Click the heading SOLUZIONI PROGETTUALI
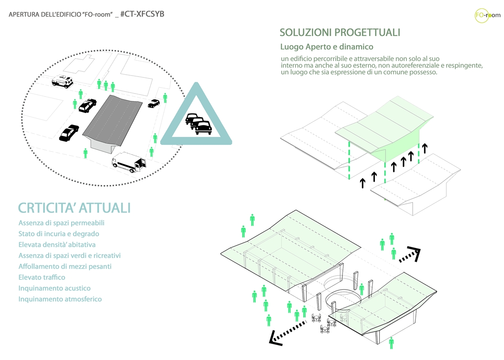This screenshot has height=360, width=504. pos(340,32)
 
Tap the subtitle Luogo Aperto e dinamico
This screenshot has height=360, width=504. pos(327,47)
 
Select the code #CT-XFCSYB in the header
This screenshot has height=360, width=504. pos(142,14)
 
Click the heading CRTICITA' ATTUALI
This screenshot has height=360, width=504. pos(74,208)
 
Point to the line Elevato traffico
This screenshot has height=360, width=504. pos(42,277)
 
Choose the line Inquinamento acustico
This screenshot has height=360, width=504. pos(54,288)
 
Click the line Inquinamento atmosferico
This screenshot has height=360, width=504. pos(60,299)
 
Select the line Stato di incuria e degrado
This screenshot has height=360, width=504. pos(58,234)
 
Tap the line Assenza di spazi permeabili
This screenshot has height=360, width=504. pos(61,223)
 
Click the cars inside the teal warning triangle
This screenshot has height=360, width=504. pos(198,123)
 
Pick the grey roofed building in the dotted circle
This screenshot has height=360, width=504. pos(112,122)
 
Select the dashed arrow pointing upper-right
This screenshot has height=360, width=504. pos(409,255)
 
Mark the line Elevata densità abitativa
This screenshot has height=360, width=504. pos(57,245)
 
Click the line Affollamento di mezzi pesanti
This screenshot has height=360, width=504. pos(65,266)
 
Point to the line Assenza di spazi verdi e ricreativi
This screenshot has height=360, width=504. pos(69,256)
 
